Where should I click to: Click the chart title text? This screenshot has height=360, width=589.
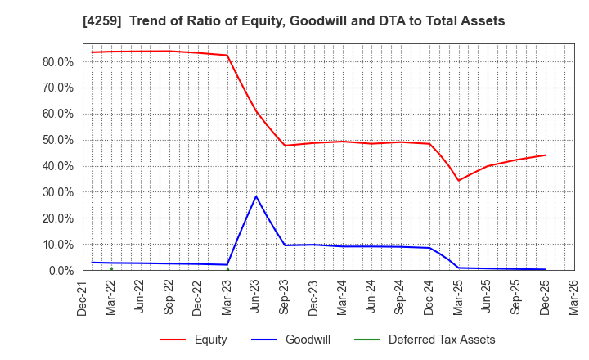coord(294,20)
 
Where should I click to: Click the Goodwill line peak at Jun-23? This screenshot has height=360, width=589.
coord(256,196)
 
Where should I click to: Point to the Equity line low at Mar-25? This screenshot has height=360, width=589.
coord(459,181)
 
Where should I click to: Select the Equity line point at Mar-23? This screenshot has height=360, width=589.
coord(227,56)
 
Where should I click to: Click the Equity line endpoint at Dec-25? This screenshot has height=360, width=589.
coord(546,155)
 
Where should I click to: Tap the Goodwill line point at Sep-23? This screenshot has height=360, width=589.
coord(285,245)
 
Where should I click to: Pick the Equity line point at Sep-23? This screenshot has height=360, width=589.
coord(285,146)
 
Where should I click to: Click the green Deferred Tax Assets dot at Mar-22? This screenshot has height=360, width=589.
coord(111,268)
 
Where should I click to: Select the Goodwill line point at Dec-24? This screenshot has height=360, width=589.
coord(429,248)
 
